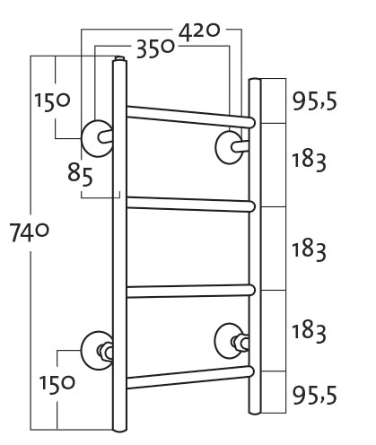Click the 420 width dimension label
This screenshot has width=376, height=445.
tap(199, 31)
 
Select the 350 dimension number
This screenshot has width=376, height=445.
tap(155, 48)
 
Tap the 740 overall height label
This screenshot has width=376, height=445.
tap(29, 232)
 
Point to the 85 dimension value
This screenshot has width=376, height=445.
tap(80, 174)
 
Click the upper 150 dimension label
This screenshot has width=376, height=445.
tap(52, 101)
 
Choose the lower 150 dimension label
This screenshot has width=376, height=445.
tap(57, 384)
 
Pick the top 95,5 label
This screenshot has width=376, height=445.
tap(314, 101)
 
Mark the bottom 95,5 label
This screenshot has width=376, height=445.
tap(314, 395)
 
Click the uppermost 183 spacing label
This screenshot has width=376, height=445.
tap(309, 161)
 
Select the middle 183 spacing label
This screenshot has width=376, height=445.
tap(309, 251)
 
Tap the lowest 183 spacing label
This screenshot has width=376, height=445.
tap(309, 333)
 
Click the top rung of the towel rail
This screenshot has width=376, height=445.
tap(190, 117)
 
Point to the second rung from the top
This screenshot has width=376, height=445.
tap(190, 205)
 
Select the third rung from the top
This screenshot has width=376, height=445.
tap(190, 292)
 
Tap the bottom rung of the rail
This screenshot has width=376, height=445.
tap(190, 378)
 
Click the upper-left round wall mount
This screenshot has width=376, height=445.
tap(97, 138)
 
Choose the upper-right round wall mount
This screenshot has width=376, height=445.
tap(229, 147)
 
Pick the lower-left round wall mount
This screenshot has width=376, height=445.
tap(96, 351)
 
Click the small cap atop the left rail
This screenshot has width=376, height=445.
tap(119, 57)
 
